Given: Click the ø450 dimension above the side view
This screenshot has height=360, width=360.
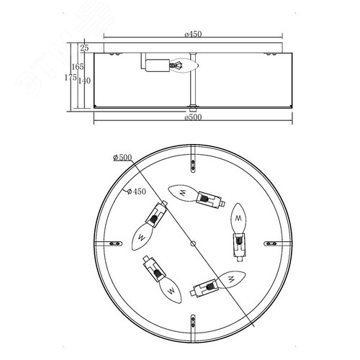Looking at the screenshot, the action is point(193,34).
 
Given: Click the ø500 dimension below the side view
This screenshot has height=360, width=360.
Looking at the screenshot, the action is point(193,117).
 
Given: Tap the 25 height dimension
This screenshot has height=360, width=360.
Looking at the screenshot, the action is point(84,48).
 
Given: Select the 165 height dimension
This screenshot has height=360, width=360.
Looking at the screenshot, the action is point(78,67).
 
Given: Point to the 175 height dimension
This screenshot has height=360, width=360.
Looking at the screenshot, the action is point(71,78).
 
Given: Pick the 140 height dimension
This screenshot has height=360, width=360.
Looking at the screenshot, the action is point(84,81).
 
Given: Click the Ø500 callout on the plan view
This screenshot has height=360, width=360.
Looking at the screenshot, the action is point(122,158).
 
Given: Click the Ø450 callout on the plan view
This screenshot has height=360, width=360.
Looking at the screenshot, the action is point(136,192).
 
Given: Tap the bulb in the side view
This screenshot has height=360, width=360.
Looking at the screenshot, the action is point(184,65).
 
